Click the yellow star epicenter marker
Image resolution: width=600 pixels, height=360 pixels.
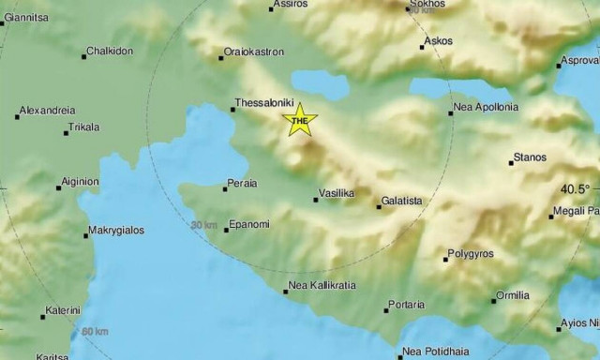(300, 121)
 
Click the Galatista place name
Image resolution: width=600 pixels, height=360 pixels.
(405, 201)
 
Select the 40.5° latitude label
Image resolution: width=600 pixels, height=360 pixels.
(576, 188)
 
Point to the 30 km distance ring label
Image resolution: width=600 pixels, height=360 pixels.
(203, 225)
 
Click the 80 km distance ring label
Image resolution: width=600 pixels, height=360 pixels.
(95, 332)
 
